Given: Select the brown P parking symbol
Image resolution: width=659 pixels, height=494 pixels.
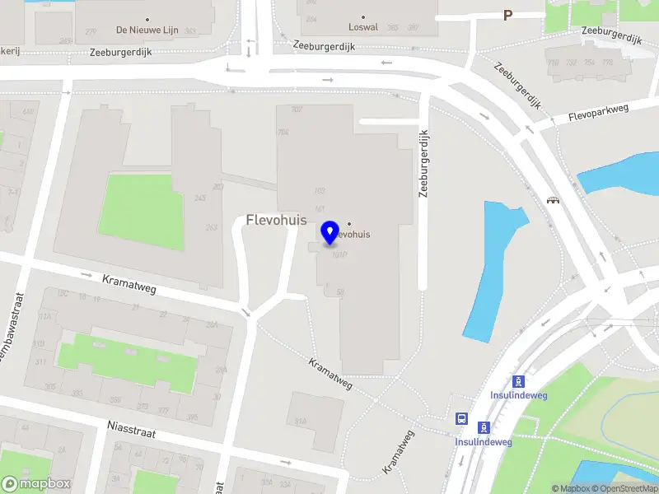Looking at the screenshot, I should click(x=507, y=15).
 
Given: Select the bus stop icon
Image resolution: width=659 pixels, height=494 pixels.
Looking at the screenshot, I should click(x=461, y=417).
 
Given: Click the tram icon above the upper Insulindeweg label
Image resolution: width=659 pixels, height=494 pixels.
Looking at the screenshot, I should click(x=518, y=381).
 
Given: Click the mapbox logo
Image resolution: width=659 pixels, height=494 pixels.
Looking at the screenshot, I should click(x=35, y=484).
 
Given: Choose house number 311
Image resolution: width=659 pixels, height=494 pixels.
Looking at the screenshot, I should click(x=40, y=361).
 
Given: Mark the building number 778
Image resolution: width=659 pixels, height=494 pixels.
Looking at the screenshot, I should click(x=608, y=62).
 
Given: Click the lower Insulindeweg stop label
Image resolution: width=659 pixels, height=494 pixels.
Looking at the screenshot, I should click(x=484, y=442).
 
